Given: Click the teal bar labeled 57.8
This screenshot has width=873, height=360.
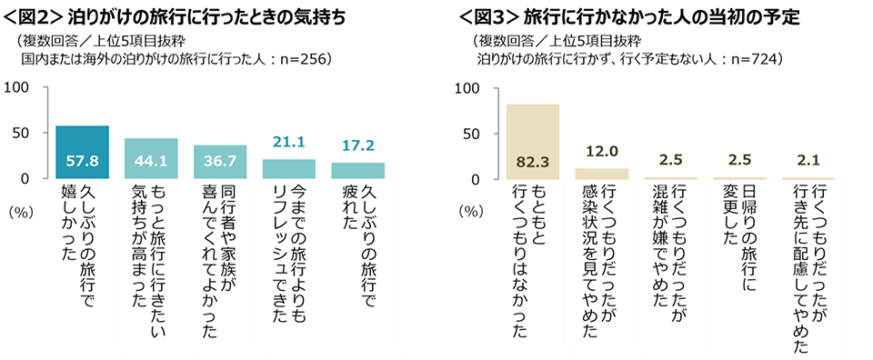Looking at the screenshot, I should (82, 152).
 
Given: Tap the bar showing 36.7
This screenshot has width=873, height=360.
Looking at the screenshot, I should (220, 162).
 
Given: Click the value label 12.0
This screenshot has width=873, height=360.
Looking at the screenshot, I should (601, 151).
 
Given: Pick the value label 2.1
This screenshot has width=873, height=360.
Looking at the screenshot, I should (808, 160).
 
